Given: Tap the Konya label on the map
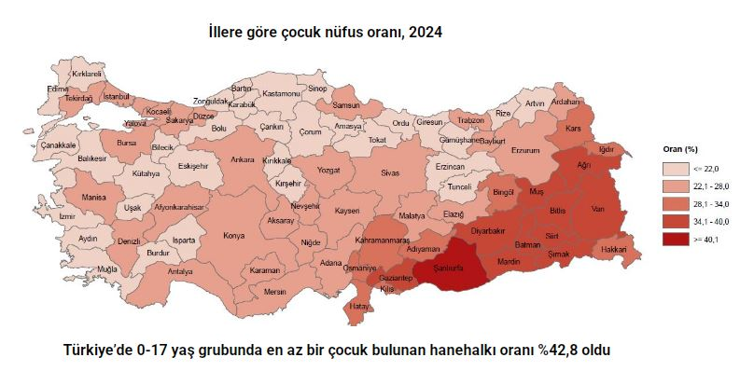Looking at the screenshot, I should (x=233, y=236).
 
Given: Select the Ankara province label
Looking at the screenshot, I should (x=243, y=159).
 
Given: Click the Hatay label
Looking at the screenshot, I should (x=359, y=305).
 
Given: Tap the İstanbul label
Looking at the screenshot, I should (x=116, y=96).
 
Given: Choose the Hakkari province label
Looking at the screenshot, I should (x=613, y=249).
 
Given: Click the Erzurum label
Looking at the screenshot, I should (x=526, y=150).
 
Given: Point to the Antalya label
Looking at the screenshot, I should (x=179, y=271).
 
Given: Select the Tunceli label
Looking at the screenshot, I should (x=461, y=186).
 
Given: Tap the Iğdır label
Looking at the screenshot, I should (x=607, y=149).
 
